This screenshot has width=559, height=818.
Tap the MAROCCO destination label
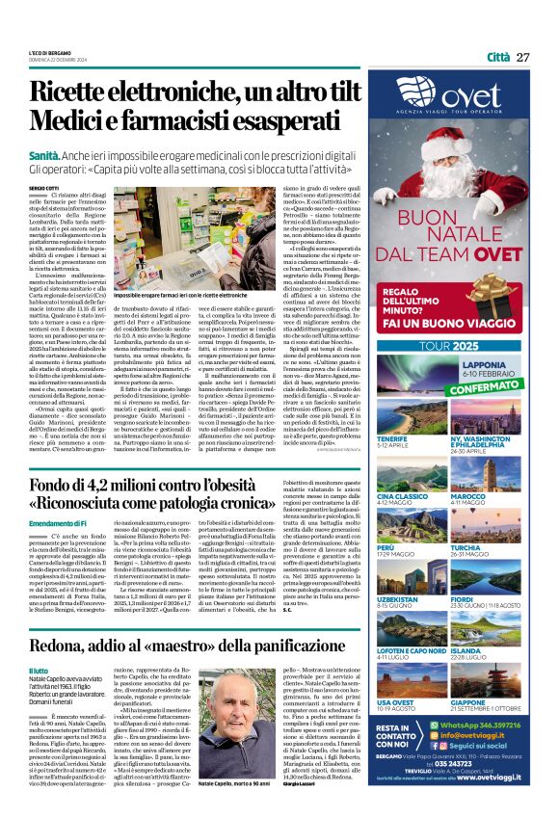click(x=494, y=496)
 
